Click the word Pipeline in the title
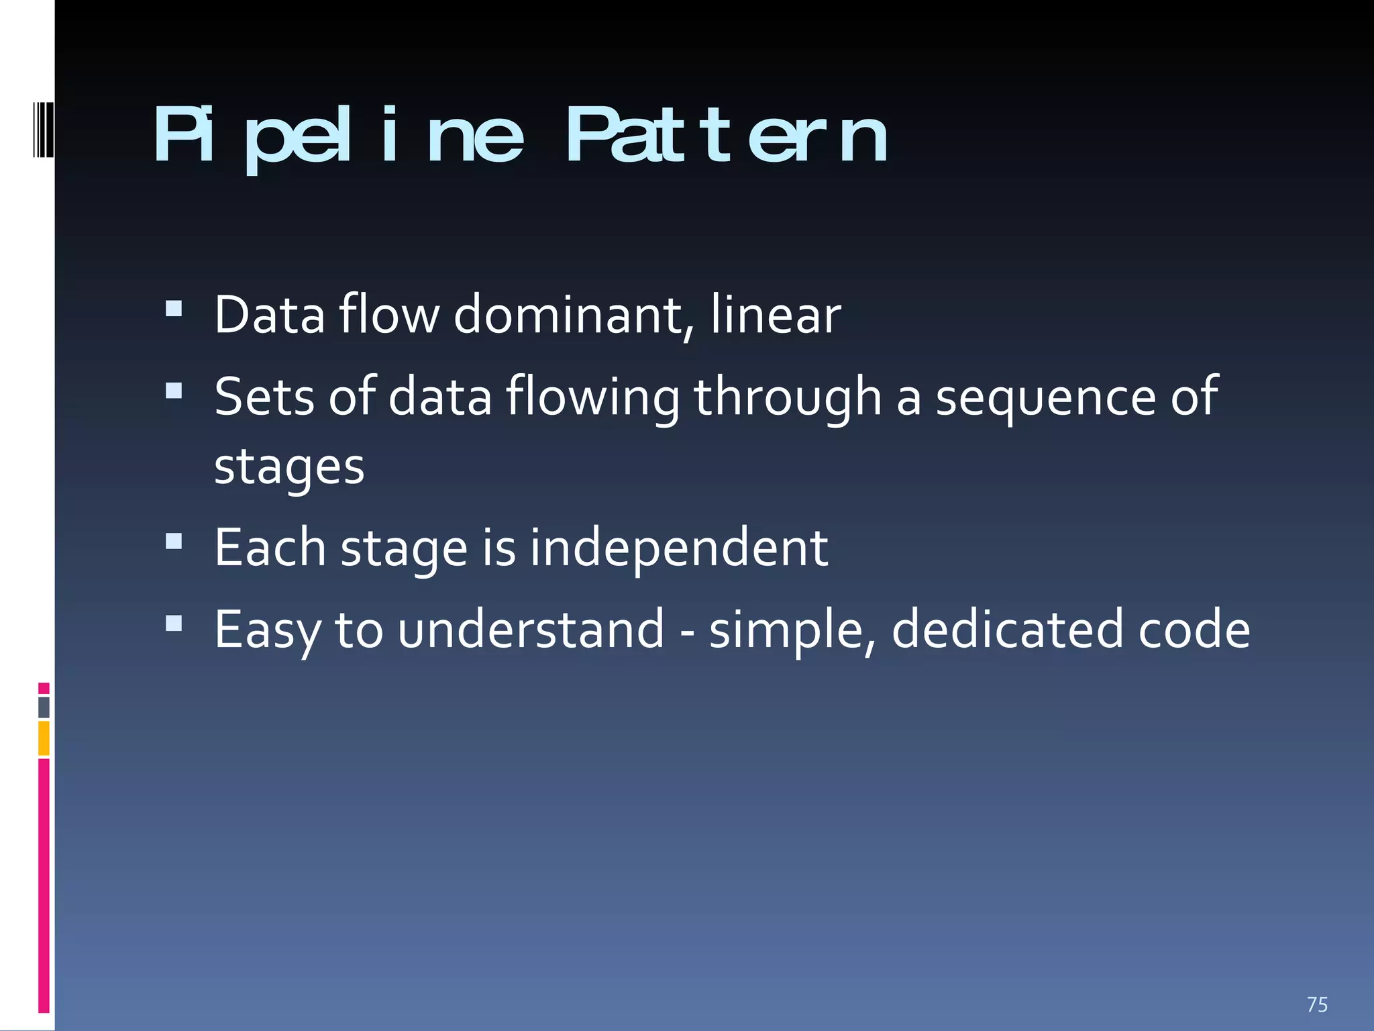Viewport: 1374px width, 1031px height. point(339,136)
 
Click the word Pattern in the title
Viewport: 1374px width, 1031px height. point(727,136)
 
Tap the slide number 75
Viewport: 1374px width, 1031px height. point(1317,1005)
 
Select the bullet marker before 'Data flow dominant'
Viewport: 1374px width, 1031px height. point(174,309)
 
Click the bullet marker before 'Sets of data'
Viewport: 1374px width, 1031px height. point(174,391)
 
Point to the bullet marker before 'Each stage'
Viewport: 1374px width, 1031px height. point(174,541)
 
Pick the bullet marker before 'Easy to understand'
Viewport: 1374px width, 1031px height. point(174,623)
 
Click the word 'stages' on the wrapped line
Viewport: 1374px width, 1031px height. point(289,467)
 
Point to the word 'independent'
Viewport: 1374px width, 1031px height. point(679,548)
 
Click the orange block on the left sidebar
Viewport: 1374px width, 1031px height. point(44,738)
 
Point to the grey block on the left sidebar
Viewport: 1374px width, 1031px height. point(44,707)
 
